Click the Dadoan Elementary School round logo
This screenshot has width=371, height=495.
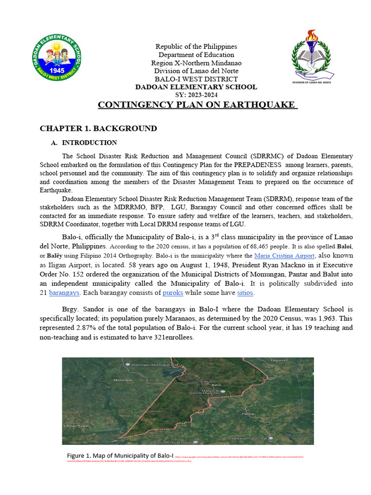click(x=56, y=59)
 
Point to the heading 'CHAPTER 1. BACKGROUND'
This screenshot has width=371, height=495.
click(x=98, y=129)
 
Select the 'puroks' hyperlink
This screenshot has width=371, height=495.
click(x=172, y=293)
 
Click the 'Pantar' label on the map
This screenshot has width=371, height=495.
click(x=248, y=414)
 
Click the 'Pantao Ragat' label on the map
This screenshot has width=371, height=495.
click(x=76, y=426)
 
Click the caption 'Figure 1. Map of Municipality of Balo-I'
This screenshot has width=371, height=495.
click(x=120, y=455)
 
